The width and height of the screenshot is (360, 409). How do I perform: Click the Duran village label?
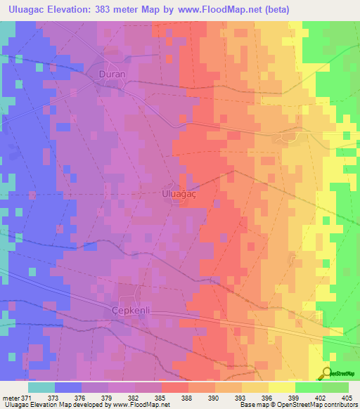click(111, 72)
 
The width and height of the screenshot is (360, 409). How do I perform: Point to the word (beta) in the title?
click(276, 10)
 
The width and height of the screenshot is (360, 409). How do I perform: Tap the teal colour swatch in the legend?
click(41, 387)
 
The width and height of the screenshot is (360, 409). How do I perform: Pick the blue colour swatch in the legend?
click(68, 387)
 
